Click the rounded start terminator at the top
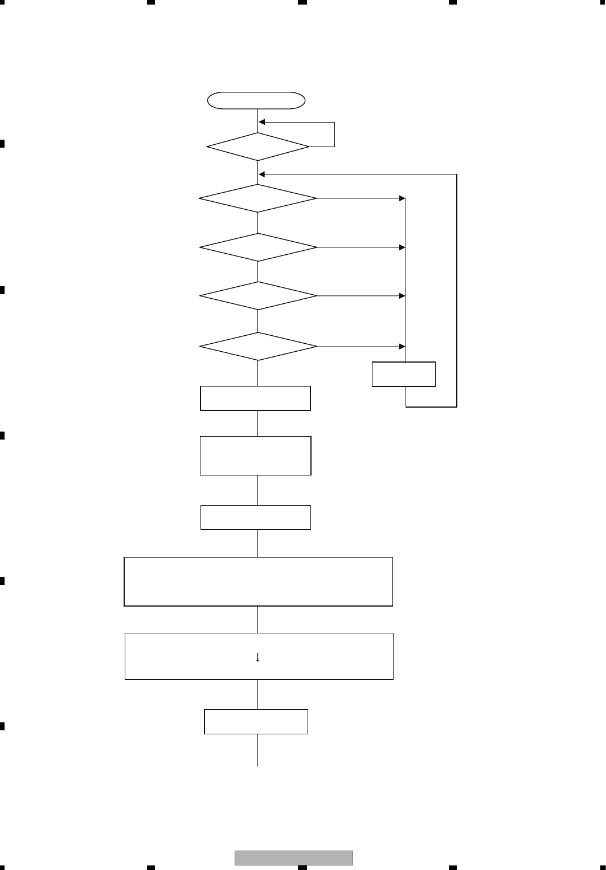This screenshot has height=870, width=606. [256, 100]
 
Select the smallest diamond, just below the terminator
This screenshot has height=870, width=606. [258, 147]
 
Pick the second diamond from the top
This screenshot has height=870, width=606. [258, 198]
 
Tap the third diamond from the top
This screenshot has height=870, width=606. [258, 247]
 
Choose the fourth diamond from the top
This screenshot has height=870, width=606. [258, 296]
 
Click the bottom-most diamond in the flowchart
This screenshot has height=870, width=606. [258, 346]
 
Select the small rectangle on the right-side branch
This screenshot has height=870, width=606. [404, 374]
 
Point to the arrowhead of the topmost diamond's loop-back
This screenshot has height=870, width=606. [262, 122]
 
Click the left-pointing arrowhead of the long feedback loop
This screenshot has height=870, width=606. [262, 174]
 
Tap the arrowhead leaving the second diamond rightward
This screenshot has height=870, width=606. [402, 198]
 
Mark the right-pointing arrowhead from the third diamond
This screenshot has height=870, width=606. [402, 247]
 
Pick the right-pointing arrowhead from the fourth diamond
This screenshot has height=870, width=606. [402, 296]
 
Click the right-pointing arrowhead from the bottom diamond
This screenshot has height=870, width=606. [402, 346]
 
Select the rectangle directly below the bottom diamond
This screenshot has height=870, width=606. [255, 398]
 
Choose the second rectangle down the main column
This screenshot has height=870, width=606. [255, 456]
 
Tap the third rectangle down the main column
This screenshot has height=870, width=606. [255, 518]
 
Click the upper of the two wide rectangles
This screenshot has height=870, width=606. [258, 582]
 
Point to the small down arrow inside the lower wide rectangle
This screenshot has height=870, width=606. [257, 657]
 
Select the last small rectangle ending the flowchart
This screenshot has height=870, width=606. [256, 722]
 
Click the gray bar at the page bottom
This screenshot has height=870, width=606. [293, 858]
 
